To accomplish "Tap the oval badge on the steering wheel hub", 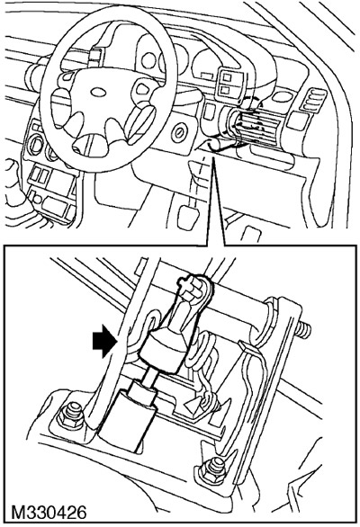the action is tap(99, 91).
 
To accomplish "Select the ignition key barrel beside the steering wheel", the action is tap(178, 133).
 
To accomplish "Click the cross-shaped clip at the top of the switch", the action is tap(189, 284).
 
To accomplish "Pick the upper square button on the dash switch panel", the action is tap(227, 77).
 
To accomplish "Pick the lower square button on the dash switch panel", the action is tap(227, 90).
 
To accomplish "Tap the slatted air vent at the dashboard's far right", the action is tap(313, 100).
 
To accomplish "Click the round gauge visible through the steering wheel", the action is tap(148, 60).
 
